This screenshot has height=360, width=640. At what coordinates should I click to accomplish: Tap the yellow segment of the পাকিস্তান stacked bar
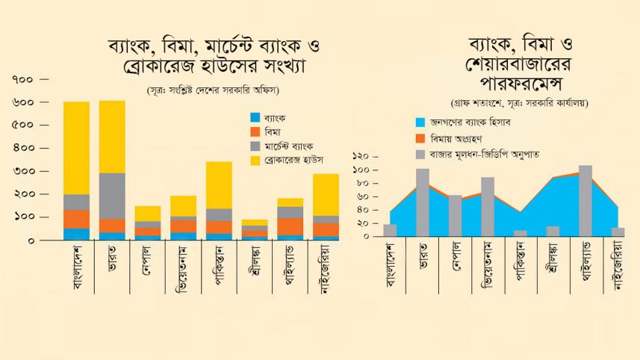pos(219,184)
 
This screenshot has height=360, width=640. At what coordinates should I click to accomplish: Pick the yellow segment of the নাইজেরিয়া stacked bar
pos(326,194)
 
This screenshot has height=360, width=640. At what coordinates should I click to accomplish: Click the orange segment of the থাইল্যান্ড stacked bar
pos(291,226)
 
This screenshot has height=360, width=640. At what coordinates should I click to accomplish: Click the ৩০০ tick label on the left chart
pos(23,171)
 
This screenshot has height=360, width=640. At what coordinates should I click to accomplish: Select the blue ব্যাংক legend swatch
pos(255,117)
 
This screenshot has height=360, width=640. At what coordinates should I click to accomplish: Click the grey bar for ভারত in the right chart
pos(423,202)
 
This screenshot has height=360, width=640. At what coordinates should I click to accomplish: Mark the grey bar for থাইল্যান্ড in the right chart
pos(585,200)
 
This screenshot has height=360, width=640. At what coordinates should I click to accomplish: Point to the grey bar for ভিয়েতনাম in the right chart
pos(488,206)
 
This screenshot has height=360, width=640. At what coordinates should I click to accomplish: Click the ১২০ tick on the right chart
pos(361,157)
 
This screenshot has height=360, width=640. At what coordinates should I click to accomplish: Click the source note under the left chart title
pos(218,91)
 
